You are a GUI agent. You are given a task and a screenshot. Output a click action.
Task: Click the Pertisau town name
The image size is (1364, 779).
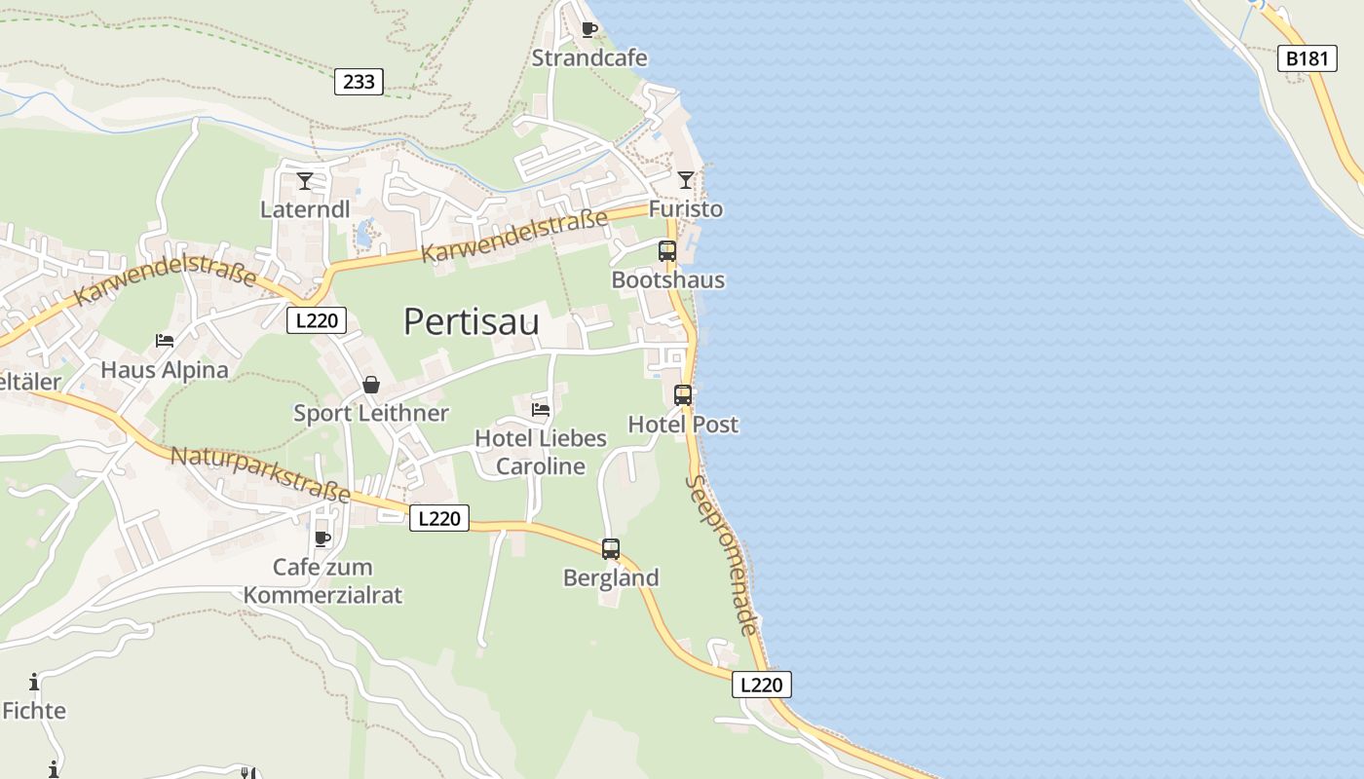[472, 321]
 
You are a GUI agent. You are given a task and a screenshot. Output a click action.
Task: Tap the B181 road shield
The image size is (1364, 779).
[1307, 58]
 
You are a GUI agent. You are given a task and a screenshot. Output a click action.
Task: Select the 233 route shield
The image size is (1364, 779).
[359, 82]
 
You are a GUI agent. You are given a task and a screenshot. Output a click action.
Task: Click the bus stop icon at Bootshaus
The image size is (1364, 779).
[667, 251]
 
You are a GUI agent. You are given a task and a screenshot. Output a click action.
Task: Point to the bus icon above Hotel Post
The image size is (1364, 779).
[683, 395]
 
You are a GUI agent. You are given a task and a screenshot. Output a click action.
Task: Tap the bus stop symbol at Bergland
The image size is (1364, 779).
[611, 549]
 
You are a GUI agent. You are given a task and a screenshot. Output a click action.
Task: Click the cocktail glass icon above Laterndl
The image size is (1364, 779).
[305, 181]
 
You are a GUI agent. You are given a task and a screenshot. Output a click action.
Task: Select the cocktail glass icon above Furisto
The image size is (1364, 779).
[686, 180]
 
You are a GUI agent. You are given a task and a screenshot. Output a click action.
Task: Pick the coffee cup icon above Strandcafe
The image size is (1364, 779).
[588, 29]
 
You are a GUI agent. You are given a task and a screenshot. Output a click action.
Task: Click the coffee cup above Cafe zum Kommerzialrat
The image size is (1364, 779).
[322, 538]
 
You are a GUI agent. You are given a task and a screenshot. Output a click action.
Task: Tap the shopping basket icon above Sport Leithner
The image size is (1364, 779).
[371, 385]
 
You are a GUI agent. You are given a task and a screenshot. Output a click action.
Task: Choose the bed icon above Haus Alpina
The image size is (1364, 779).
[165, 341]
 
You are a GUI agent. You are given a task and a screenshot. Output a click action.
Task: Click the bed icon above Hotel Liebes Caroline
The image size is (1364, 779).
[541, 410]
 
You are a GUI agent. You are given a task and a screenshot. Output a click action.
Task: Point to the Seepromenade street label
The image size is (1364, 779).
[722, 555]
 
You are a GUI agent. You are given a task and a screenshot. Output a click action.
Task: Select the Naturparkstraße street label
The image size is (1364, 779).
[260, 474]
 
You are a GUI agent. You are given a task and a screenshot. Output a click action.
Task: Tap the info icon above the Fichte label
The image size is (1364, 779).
[34, 682]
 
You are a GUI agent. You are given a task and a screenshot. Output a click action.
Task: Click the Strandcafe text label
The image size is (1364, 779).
[589, 58]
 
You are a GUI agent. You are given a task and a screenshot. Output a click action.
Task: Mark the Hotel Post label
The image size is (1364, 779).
[683, 425]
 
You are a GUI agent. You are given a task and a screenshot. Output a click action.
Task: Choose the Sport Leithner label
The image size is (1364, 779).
[371, 413]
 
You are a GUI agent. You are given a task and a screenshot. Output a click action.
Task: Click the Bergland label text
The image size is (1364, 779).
[611, 577]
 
